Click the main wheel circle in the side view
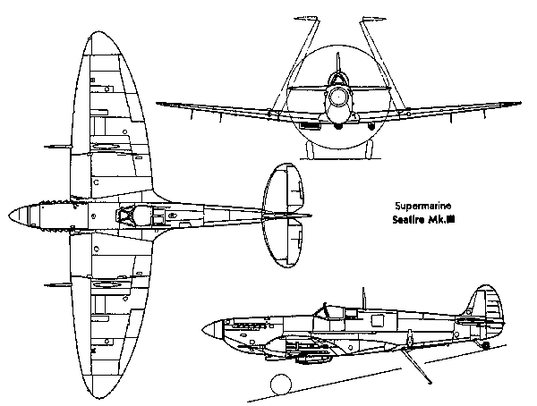coord(281,385)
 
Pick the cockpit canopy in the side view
coord(332,312)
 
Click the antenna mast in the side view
coord(363,299)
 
